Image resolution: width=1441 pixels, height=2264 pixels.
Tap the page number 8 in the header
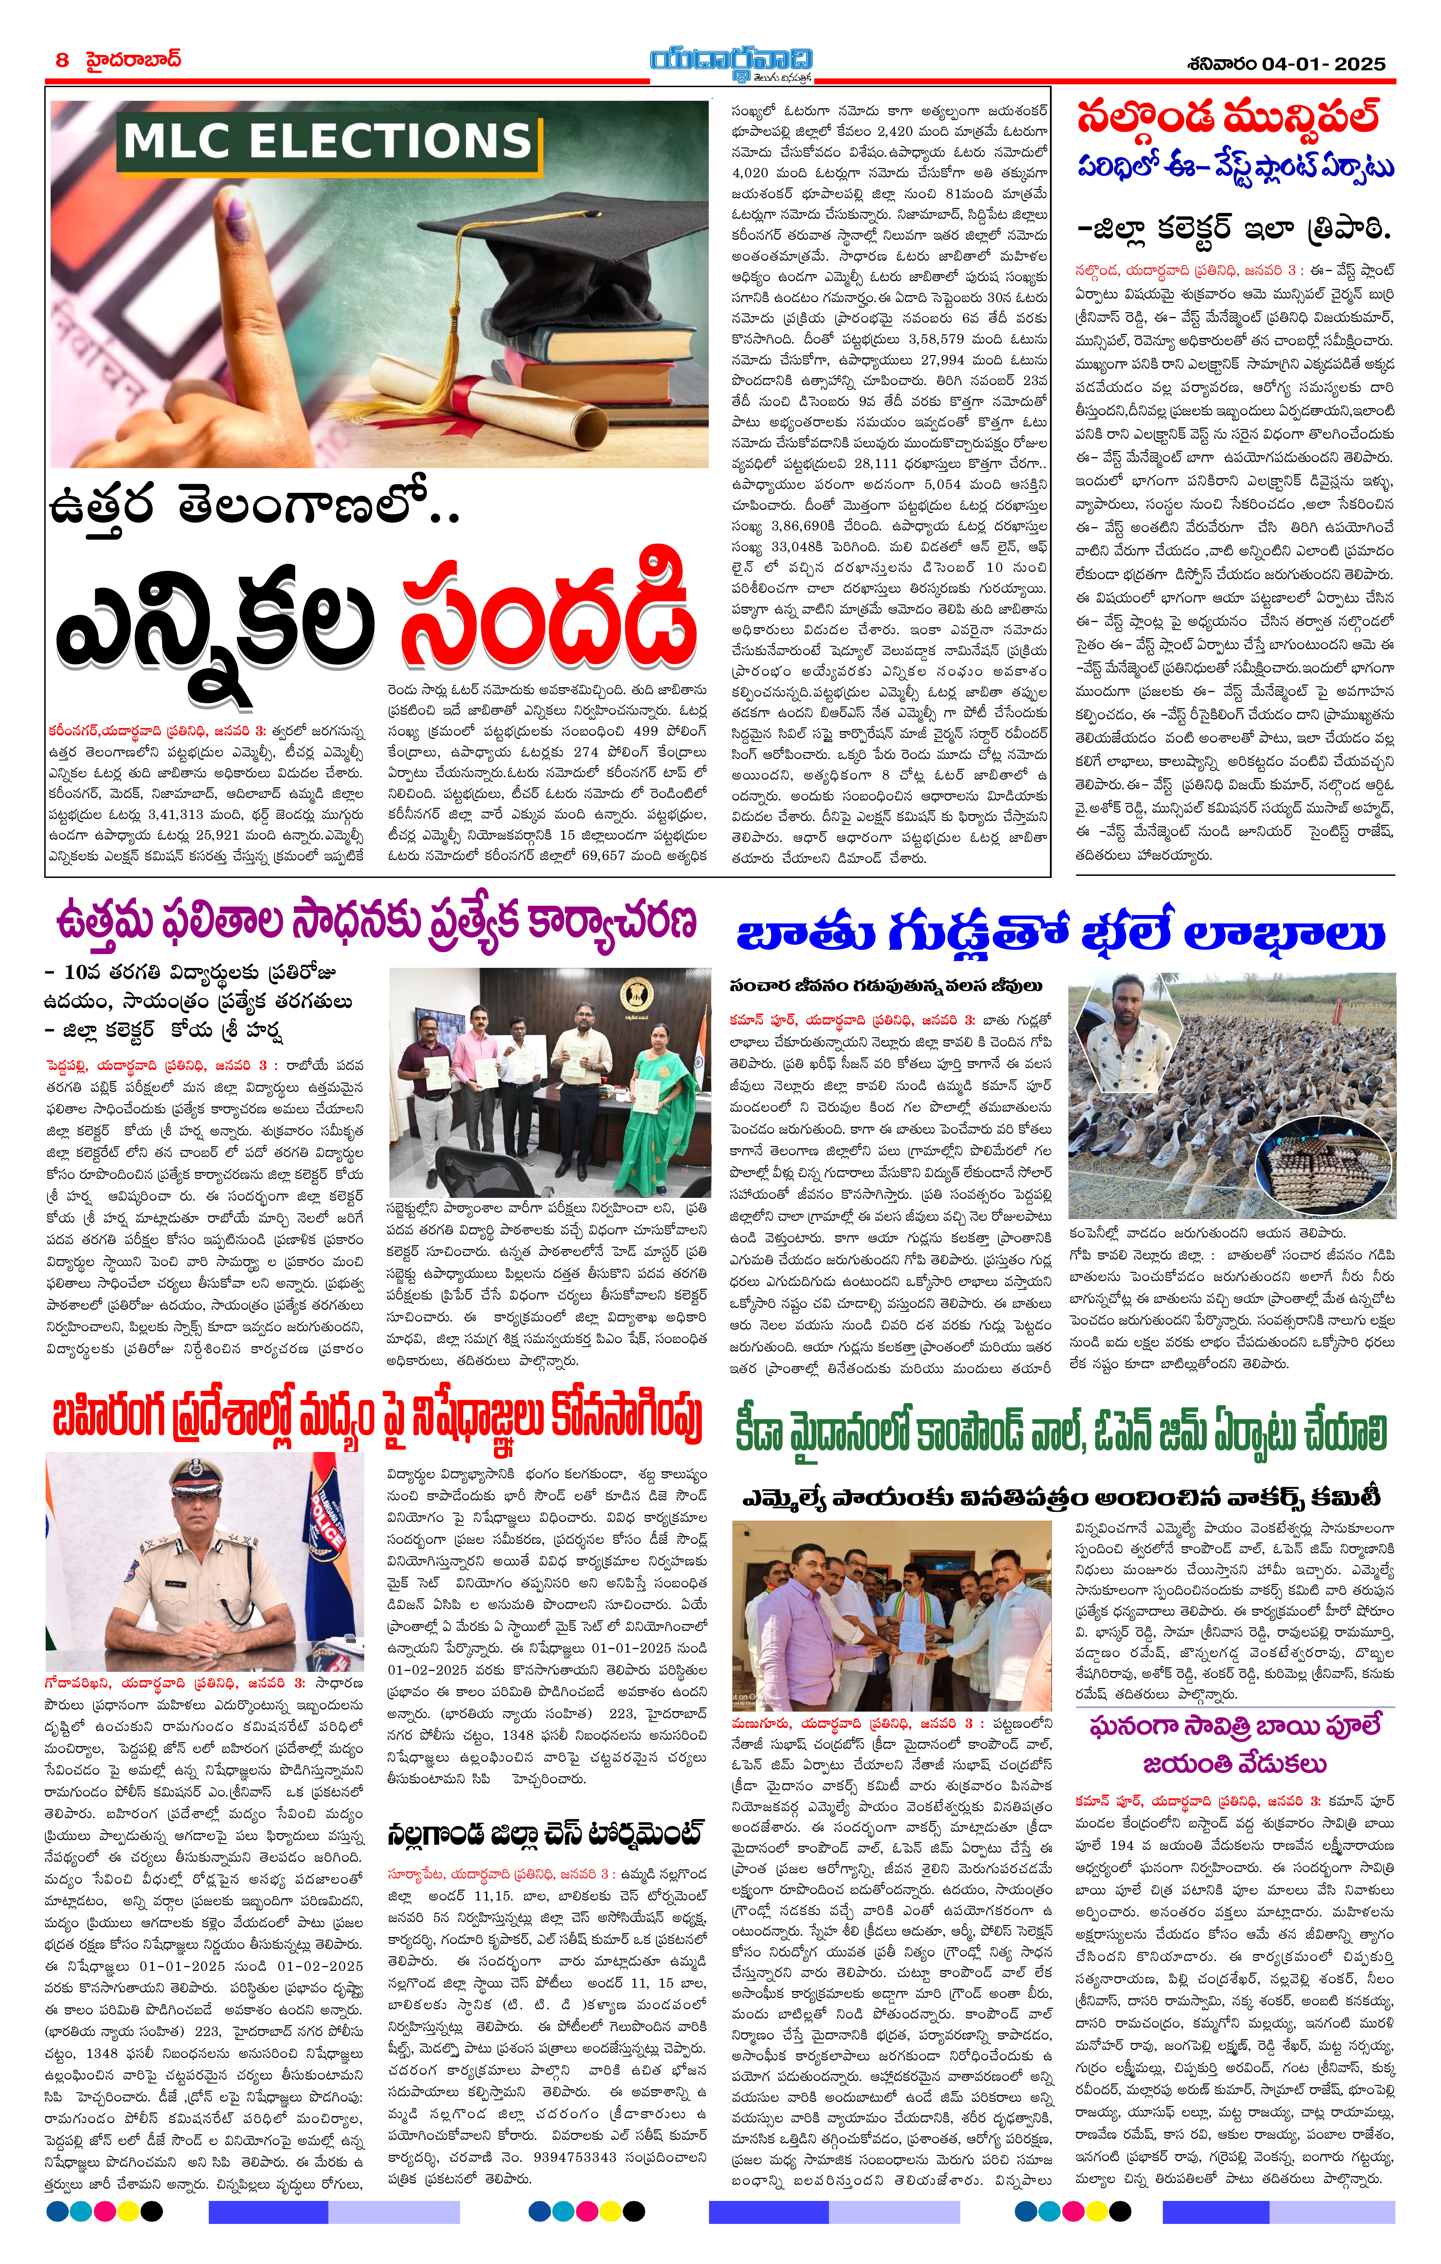(62, 60)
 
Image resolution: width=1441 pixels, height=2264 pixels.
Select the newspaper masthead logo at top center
(731, 62)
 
